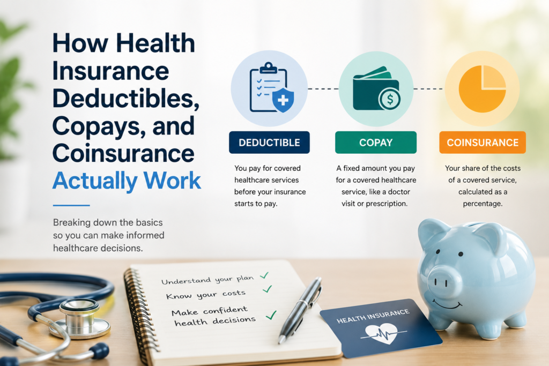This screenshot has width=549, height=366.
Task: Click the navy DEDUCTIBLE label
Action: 269,143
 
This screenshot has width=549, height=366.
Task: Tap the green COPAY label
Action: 376,143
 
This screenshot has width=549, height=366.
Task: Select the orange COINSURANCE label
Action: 483,143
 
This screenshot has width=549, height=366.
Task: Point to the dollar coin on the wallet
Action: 390,99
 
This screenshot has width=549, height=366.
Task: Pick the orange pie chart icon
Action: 482,88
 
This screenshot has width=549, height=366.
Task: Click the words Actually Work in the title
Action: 127,181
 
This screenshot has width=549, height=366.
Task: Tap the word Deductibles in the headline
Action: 125,98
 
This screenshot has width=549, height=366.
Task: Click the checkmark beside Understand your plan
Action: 264,275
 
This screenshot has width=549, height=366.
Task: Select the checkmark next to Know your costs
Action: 267,289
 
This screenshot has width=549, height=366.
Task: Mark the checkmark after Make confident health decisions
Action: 271,315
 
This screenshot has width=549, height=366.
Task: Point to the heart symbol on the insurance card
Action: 381,333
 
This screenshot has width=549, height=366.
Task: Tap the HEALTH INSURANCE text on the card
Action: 373,316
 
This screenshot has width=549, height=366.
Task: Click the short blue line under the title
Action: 71,205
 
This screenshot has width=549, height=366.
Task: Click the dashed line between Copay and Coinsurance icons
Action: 428,89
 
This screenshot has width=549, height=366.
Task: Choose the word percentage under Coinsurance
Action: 483,204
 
